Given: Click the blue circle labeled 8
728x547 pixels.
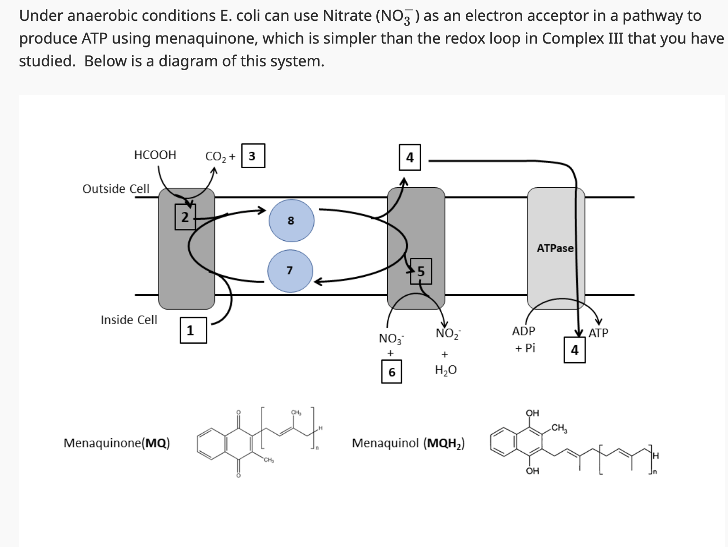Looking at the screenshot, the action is pyautogui.click(x=292, y=220).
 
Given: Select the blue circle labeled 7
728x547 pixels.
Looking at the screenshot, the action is pyautogui.click(x=290, y=271).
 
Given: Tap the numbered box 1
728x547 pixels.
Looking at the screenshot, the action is pyautogui.click(x=193, y=330).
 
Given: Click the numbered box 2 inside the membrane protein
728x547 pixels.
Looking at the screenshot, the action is pyautogui.click(x=185, y=217).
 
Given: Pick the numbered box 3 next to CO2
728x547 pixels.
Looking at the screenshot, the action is pyautogui.click(x=253, y=156).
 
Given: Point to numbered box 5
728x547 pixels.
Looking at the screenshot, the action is pyautogui.click(x=421, y=271).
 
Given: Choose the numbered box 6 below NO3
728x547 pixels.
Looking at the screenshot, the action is pyautogui.click(x=391, y=372).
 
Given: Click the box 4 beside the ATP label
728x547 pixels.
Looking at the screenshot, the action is pyautogui.click(x=575, y=350).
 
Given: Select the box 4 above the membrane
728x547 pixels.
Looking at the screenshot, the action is pyautogui.click(x=410, y=157).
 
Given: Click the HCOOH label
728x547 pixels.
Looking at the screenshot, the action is pyautogui.click(x=155, y=155).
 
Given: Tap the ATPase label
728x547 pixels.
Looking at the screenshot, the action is pyautogui.click(x=555, y=248).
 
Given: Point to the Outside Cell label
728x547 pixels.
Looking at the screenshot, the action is pyautogui.click(x=116, y=189).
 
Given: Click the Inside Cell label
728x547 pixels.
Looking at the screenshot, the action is pyautogui.click(x=129, y=320).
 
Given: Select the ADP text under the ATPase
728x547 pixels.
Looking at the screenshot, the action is pyautogui.click(x=524, y=331).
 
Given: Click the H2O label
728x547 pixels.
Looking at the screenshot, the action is pyautogui.click(x=446, y=370).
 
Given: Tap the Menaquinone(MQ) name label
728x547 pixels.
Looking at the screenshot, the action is pyautogui.click(x=117, y=443).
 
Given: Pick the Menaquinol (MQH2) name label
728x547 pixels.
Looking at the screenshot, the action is pyautogui.click(x=408, y=443).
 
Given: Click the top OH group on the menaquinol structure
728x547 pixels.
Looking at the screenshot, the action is pyautogui.click(x=533, y=413).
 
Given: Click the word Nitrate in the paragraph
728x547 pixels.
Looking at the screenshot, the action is pyautogui.click(x=347, y=16).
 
